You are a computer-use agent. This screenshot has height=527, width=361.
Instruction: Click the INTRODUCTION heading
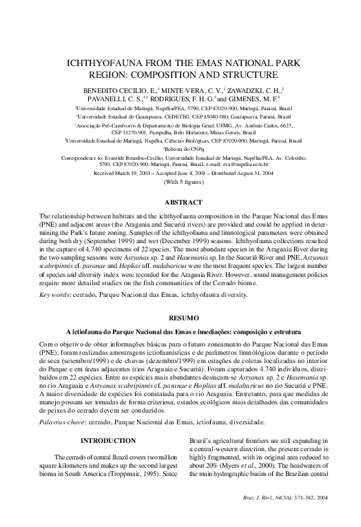(x=107, y=440)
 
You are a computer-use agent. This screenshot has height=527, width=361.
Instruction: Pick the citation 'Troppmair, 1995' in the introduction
(x=141, y=477)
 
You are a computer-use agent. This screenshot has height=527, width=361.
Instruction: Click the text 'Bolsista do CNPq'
(x=181, y=129)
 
